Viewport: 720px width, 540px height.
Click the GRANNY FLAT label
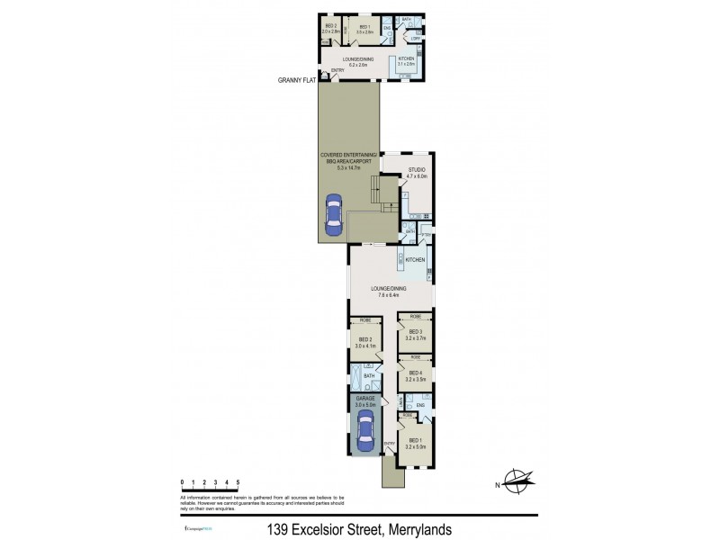(296, 80)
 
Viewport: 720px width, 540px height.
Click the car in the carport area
(334, 217)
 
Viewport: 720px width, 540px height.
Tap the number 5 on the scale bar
(238, 483)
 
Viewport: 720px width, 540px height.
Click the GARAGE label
(364, 398)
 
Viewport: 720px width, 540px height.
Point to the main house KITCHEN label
(415, 260)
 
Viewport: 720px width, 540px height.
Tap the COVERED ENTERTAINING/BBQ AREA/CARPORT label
(347, 161)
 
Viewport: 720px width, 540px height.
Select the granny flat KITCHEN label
(406, 60)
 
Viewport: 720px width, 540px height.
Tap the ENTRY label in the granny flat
(337, 71)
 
